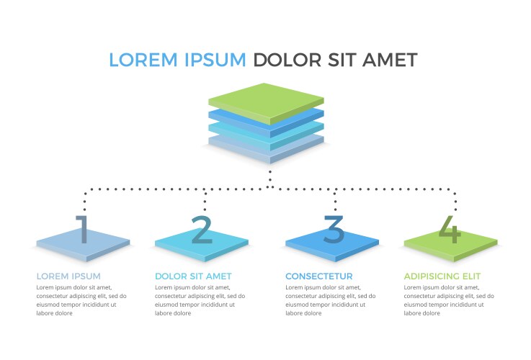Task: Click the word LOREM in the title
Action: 140,60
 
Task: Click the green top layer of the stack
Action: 266,101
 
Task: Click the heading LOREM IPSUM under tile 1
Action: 68,276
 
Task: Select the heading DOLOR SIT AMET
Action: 193,276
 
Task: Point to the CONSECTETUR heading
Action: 318,276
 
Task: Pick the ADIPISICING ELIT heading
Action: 442,276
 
